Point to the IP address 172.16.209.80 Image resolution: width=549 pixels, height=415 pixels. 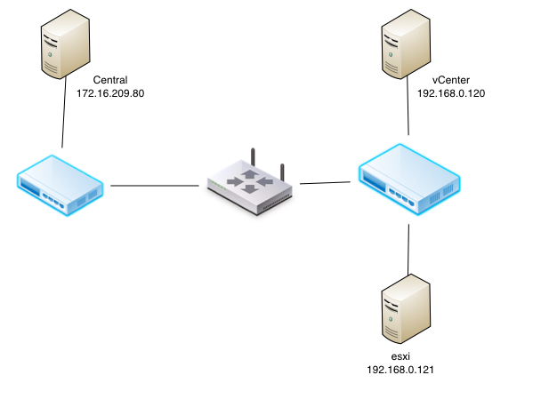pos(110,92)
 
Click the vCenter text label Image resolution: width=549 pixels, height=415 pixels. pos(450,79)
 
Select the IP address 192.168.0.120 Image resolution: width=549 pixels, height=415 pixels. pos(450,92)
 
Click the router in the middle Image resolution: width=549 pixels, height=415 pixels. pos(248,182)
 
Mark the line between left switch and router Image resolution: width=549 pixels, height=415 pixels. pos(153,186)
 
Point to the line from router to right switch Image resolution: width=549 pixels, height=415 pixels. pos(325,183)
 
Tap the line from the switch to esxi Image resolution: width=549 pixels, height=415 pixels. pos(408,249)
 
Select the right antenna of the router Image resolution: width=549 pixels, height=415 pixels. pos(282,171)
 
